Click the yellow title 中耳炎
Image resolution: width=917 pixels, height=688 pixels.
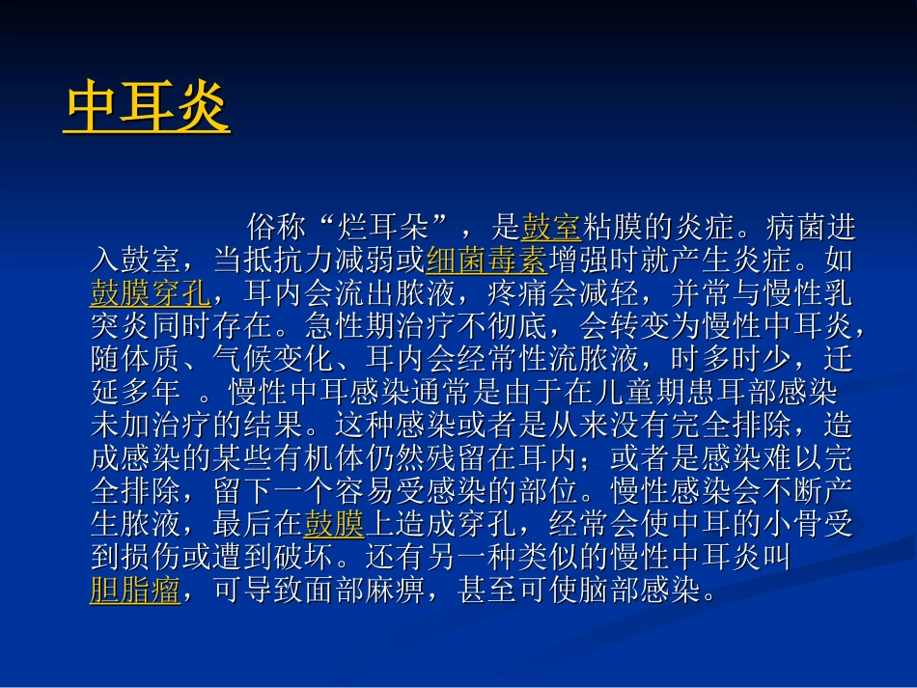pyautogui.click(x=148, y=107)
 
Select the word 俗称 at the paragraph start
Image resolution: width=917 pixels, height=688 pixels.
pyautogui.click(x=277, y=228)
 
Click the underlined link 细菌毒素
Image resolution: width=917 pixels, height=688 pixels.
pyautogui.click(x=486, y=261)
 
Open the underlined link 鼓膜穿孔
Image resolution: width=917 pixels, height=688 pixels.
pyautogui.click(x=150, y=292)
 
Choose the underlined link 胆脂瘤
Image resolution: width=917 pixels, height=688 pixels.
pyautogui.click(x=135, y=590)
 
